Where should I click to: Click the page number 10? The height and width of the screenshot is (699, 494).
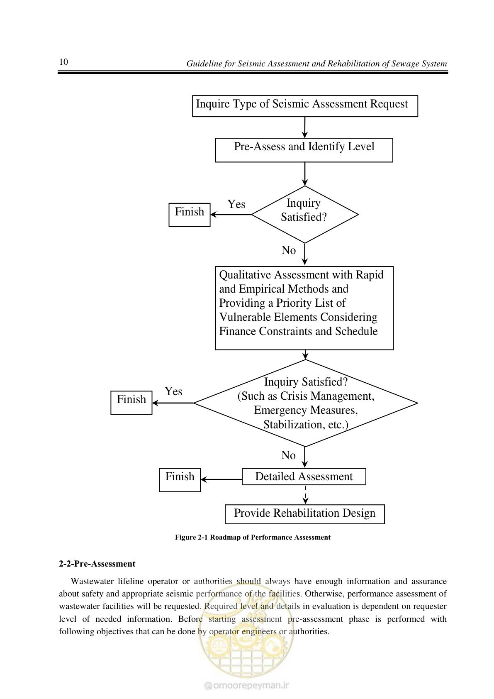click(63, 62)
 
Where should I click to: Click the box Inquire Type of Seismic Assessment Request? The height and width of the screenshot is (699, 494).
click(305, 106)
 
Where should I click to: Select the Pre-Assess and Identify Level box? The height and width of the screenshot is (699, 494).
click(304, 150)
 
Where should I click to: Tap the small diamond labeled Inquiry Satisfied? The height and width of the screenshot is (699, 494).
click(305, 214)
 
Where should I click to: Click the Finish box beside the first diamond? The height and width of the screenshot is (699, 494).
click(189, 215)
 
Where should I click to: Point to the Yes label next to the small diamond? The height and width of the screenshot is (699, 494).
click(236, 204)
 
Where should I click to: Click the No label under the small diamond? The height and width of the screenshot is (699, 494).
click(289, 250)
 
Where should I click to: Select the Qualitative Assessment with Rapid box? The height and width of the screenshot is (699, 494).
click(304, 308)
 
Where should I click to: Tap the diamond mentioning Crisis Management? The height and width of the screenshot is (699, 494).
click(305, 403)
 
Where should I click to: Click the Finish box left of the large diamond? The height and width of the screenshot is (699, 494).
click(131, 403)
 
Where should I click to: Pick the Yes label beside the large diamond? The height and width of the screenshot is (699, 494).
click(173, 391)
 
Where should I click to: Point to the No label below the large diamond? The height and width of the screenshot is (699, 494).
click(289, 455)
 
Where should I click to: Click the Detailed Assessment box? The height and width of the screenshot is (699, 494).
click(304, 477)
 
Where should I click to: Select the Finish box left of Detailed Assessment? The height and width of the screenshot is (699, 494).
click(180, 480)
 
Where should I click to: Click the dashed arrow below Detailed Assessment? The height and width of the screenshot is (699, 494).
click(305, 494)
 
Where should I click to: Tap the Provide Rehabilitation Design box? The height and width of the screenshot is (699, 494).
click(305, 514)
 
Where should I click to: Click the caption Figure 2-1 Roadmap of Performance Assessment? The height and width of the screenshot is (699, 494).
click(253, 538)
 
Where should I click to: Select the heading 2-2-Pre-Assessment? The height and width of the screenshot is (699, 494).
click(97, 564)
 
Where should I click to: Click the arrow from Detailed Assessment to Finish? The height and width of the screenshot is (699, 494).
click(221, 479)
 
